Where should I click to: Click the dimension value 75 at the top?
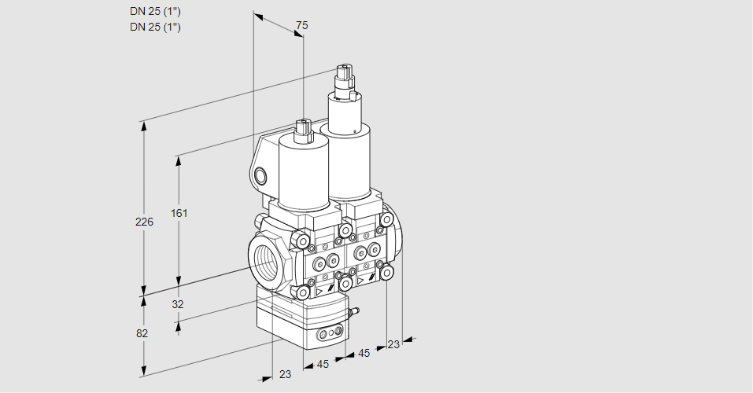coord(301,26)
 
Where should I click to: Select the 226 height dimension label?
coord(144,222)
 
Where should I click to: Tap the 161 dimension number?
coord(181,213)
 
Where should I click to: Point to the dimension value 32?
coord(177,304)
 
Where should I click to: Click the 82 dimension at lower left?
coord(142,333)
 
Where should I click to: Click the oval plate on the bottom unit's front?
coord(330,336)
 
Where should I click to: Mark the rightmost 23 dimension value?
coord(393,344)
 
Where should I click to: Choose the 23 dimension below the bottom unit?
coord(285,374)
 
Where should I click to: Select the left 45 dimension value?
coord(323,364)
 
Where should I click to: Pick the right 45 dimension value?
coord(364,354)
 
